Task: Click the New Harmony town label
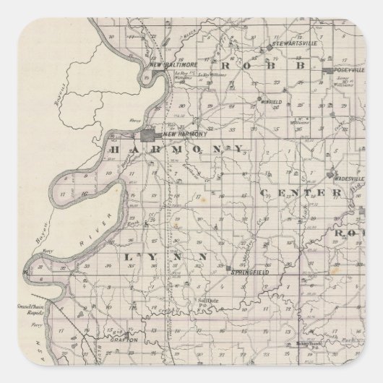coord(186,134)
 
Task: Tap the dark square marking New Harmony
coord(150,135)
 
